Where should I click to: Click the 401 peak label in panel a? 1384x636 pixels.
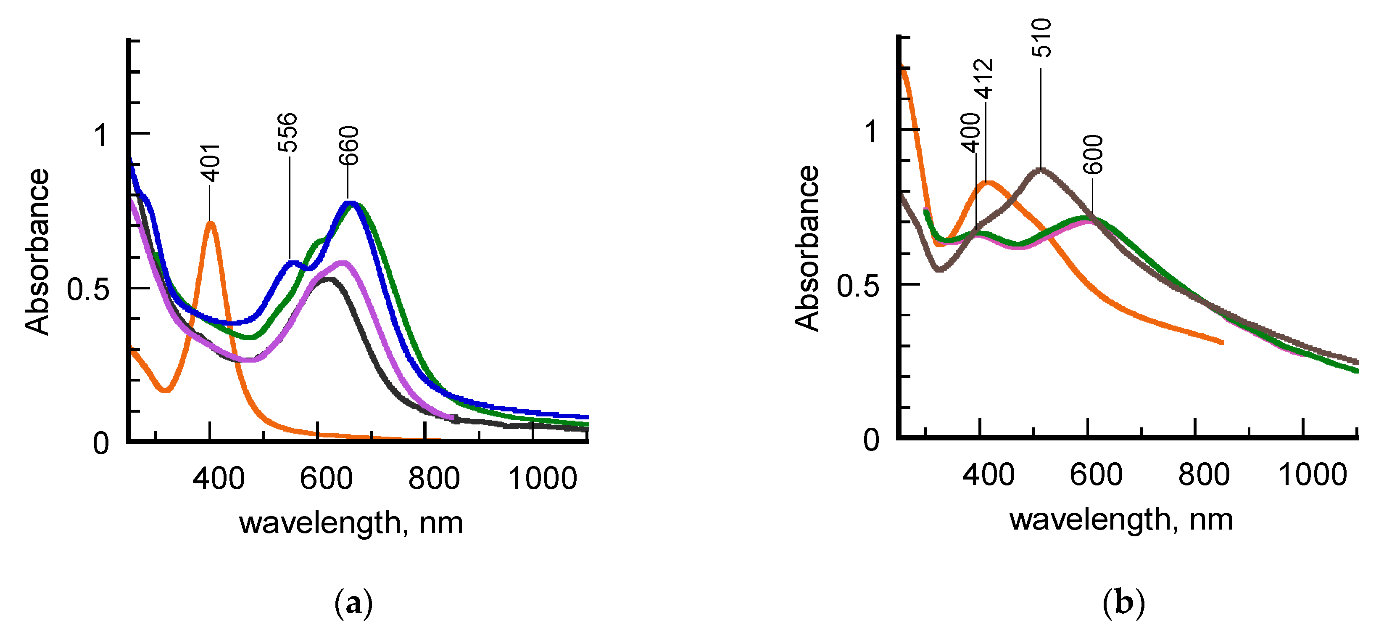tap(210, 163)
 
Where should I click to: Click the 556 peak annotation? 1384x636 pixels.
tap(287, 132)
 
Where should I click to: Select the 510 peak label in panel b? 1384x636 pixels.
tap(1041, 37)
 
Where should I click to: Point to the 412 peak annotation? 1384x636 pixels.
tap(984, 79)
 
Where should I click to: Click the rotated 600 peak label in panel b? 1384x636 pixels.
tap(1093, 155)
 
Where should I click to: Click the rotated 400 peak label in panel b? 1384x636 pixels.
tap(971, 132)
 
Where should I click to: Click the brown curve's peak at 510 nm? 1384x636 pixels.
tap(1041, 170)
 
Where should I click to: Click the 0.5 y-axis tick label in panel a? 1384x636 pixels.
tap(87, 290)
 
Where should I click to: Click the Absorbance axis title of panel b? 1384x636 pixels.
tap(807, 248)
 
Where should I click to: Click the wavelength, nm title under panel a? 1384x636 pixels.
tap(351, 522)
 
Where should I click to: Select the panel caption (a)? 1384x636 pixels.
tap(353, 604)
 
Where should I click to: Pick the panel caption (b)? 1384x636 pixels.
tap(1123, 603)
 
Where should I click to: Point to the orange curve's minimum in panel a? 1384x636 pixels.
tap(166, 390)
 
